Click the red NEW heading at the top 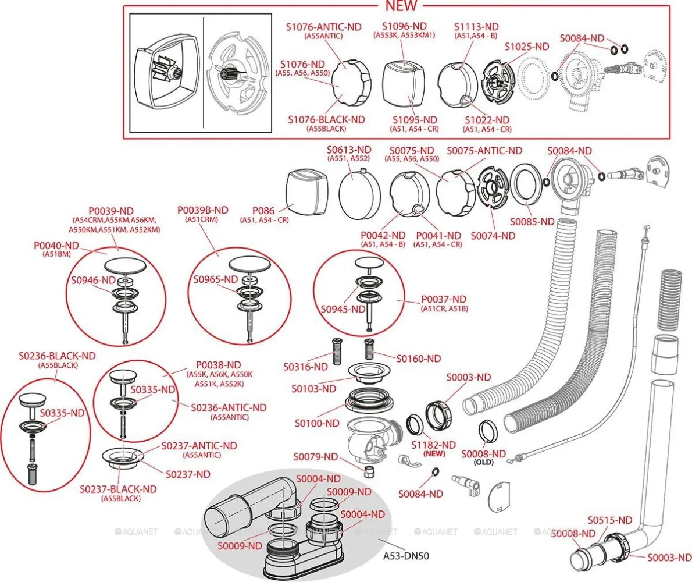tap(401, 6)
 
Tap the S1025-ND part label tap(527, 47)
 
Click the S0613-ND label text tap(349, 150)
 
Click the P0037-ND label tap(444, 299)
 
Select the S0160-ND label tap(419, 358)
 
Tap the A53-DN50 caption tap(406, 555)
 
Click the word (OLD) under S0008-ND tap(484, 463)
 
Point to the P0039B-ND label tap(203, 210)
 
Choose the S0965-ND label tap(216, 279)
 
